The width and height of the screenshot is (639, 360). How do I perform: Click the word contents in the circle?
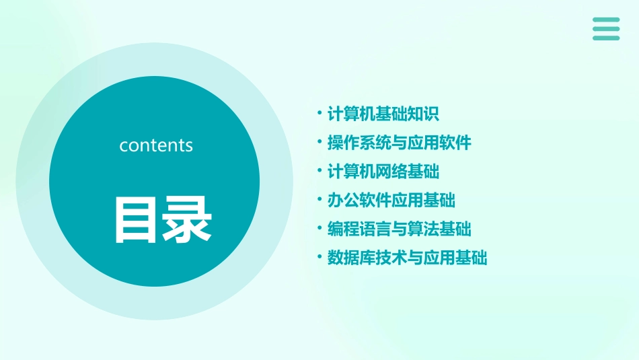point(156,145)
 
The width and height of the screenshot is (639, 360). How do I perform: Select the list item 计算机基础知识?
point(383,114)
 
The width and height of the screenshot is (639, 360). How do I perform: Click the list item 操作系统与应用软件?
point(399,143)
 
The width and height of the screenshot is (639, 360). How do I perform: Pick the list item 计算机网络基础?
point(383,172)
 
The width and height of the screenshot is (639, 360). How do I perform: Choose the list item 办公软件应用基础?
point(391,200)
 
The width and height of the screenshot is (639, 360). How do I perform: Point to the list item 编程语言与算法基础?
point(399,229)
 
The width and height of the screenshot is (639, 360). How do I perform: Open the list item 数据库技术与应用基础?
point(407,258)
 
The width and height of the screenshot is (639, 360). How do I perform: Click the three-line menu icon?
point(606,29)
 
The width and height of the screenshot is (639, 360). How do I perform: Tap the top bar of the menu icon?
point(606,20)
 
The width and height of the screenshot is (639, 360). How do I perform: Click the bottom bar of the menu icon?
point(606,38)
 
